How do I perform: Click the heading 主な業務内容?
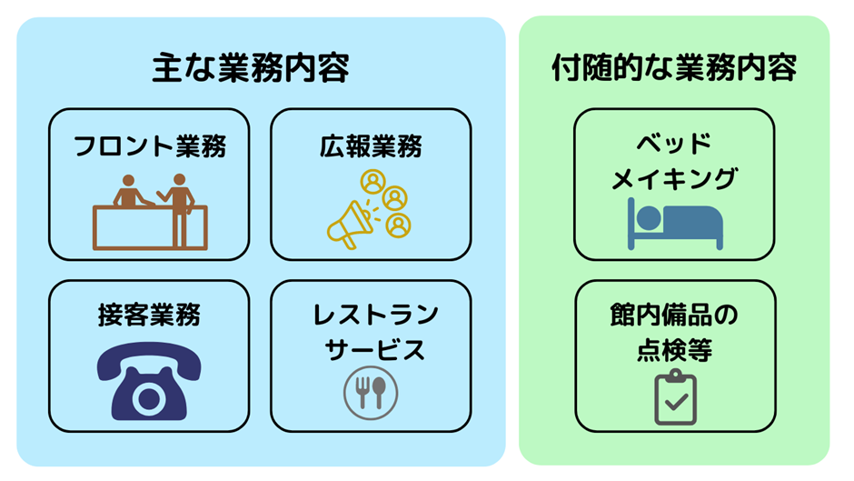tap(250, 69)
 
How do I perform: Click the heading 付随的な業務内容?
tap(674, 69)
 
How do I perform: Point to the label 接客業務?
tap(149, 316)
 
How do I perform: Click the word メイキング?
tap(674, 179)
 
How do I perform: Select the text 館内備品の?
tap(674, 316)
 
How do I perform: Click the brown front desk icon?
tap(150, 213)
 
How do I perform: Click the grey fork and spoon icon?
tap(371, 392)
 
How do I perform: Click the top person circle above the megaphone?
tap(372, 180)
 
